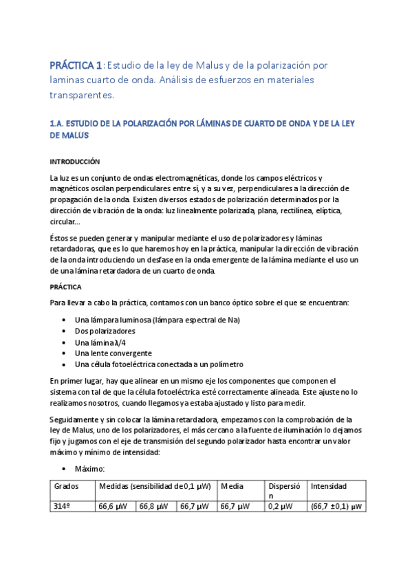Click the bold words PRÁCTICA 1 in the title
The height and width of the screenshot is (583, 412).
tap(76, 65)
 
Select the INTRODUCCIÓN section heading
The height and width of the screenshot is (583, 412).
tap(75, 162)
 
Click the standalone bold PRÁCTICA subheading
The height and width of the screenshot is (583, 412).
tap(66, 287)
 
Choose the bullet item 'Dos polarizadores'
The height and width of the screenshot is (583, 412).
tap(105, 331)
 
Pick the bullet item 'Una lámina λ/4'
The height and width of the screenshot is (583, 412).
tap(100, 342)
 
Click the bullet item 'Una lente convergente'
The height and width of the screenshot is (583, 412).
tap(113, 353)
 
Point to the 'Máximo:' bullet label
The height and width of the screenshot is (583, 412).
tap(89, 468)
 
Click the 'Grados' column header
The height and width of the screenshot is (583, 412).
tap(66, 487)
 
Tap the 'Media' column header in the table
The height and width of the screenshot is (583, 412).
tap(230, 487)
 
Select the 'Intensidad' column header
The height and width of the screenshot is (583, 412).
tap(329, 487)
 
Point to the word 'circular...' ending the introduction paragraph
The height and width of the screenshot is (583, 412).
tap(65, 222)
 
